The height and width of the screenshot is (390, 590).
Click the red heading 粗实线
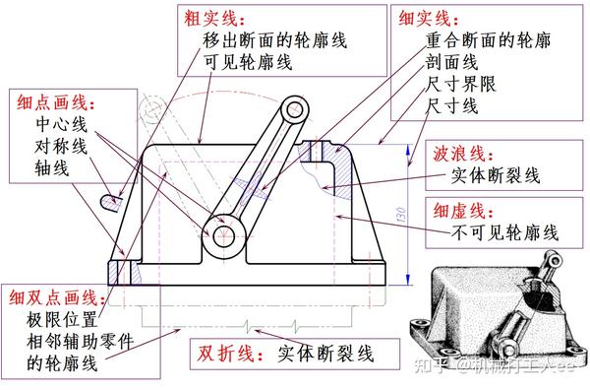210,19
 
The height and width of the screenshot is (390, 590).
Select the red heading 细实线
424,18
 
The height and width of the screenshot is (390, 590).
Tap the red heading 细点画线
52,101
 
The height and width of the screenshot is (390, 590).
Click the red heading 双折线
226,354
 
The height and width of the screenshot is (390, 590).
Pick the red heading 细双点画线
53,297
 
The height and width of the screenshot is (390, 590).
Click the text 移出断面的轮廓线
274,40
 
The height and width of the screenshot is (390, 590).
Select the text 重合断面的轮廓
488,40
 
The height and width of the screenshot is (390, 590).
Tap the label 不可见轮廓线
505,232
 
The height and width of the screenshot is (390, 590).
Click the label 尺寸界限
460,84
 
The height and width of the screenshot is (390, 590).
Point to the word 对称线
61,146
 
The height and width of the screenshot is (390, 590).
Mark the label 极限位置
62,320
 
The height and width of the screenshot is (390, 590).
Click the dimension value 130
401,214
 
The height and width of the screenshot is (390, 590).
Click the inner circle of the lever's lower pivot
223,236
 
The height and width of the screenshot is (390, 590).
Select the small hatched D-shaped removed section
111,203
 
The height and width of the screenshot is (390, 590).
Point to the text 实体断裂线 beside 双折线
325,354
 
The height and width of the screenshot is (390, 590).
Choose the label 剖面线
451,62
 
